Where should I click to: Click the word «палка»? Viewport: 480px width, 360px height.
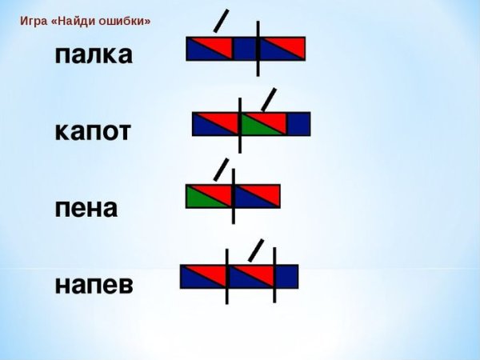[93, 55]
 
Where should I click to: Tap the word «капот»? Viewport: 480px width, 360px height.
[93, 131]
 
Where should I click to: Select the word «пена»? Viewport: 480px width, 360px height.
[86, 208]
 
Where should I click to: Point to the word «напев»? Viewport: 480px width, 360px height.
[94, 285]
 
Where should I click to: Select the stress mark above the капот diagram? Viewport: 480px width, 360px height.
[270, 98]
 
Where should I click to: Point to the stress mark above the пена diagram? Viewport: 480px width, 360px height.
[221, 169]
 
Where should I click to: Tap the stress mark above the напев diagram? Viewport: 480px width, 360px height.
[256, 250]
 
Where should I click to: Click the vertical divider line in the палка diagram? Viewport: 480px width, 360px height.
[258, 48]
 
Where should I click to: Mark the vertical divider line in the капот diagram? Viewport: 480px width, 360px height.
[240, 124]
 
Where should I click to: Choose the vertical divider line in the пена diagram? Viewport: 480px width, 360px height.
[233, 196]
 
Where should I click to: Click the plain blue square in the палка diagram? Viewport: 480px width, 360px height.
[244, 49]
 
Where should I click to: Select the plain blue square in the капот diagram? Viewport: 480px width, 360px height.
[298, 124]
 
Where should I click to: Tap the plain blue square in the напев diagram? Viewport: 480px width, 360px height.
[286, 277]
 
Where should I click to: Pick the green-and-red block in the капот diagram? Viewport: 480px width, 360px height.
[264, 124]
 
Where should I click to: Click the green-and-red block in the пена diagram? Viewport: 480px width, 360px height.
[209, 196]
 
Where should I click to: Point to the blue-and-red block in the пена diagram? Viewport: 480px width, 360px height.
[257, 196]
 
